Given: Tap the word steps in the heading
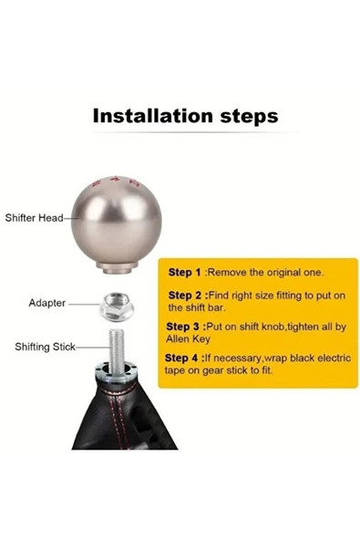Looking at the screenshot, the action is coord(249,117).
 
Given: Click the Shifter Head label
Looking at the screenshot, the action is coord(34,218).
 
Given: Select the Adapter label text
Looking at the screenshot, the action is coord(47,303).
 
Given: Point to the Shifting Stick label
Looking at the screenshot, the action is coord(45,347).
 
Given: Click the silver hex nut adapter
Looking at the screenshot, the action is coord(117,306).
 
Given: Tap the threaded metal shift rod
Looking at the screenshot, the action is coord(117,351).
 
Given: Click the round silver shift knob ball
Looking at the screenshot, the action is coord(117,221).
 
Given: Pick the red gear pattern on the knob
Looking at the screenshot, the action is coord(117,182).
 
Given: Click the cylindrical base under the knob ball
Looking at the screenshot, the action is coord(117,267).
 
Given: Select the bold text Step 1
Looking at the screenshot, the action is coord(184,273).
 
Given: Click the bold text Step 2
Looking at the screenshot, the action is coord(185,296).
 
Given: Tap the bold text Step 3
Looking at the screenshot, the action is coord(183,327).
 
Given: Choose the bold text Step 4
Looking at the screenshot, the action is coord(181,358).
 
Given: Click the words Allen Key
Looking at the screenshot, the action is coord(188,339).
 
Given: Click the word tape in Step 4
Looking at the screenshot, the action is coord(174,371).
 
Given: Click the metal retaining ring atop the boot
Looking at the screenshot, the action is coord(117,372).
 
